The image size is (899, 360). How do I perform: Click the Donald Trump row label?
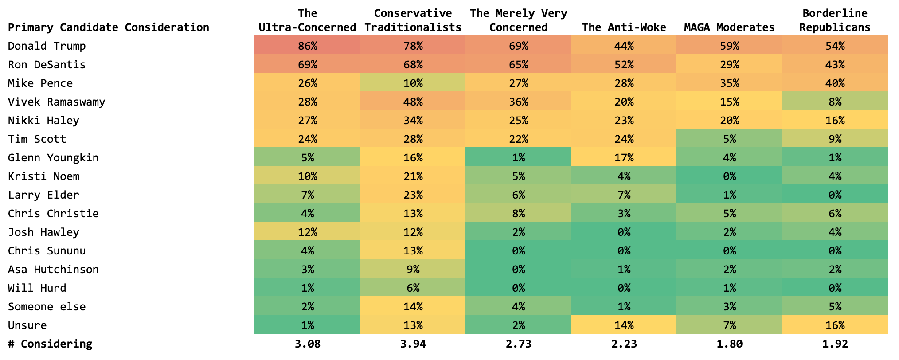pyautogui.click(x=47, y=46)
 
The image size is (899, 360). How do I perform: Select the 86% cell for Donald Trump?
pyautogui.click(x=307, y=46)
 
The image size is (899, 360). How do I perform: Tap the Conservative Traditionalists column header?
pyautogui.click(x=413, y=20)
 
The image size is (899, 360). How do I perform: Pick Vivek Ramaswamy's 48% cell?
pyautogui.click(x=413, y=102)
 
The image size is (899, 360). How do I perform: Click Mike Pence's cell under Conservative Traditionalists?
pyautogui.click(x=413, y=83)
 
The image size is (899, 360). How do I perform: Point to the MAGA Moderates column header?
pyautogui.click(x=729, y=27)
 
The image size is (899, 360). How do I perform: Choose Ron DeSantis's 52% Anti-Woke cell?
pyautogui.click(x=624, y=65)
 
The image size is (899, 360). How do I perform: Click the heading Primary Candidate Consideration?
pyautogui.click(x=108, y=27)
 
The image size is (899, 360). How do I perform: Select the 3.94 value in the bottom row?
pyautogui.click(x=413, y=344)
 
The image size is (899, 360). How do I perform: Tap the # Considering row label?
pyautogui.click(x=50, y=344)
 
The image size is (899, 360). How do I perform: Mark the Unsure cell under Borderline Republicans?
pyautogui.click(x=835, y=325)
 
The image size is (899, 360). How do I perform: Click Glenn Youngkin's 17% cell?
pyautogui.click(x=624, y=158)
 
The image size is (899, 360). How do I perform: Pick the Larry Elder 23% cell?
pyautogui.click(x=413, y=195)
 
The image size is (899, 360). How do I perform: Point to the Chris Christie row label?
pyautogui.click(x=53, y=214)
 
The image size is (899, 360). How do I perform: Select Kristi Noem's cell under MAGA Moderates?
pyautogui.click(x=729, y=176)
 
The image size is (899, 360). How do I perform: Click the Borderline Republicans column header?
pyautogui.click(x=835, y=20)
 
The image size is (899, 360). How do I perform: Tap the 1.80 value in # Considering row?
pyautogui.click(x=729, y=344)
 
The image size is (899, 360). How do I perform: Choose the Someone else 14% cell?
pyautogui.click(x=413, y=307)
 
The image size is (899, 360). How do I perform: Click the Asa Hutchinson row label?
pyautogui.click(x=53, y=270)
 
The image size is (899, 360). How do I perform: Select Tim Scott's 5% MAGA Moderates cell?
pyautogui.click(x=729, y=139)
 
